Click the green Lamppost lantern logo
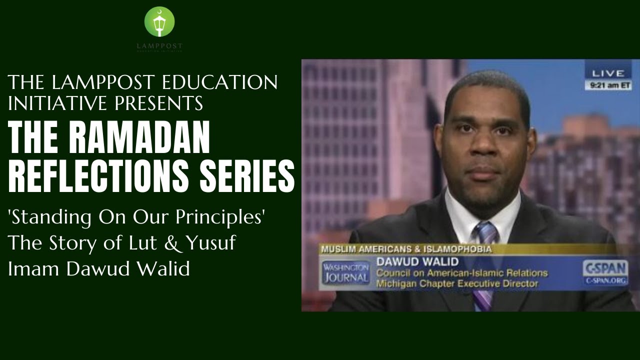tap(159, 22)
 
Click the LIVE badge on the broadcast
tap(608, 73)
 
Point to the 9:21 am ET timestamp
tap(608, 85)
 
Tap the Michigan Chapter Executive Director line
tap(457, 283)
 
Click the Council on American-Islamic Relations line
tap(461, 273)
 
